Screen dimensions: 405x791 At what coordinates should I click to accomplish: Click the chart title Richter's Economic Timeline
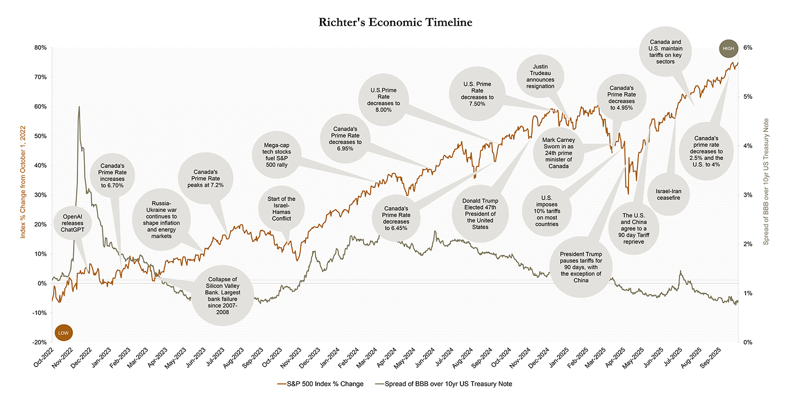coord(395,22)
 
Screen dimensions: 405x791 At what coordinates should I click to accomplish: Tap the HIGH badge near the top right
coord(728,48)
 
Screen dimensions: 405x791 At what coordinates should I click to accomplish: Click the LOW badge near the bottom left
coord(63,333)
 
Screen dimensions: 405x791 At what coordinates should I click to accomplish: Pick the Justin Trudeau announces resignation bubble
coord(540,76)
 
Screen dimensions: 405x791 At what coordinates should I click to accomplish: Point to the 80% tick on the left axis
coord(40,47)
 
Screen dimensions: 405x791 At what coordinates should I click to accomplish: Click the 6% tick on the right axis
coord(747,47)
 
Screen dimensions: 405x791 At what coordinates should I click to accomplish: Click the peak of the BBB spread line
coord(79,106)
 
